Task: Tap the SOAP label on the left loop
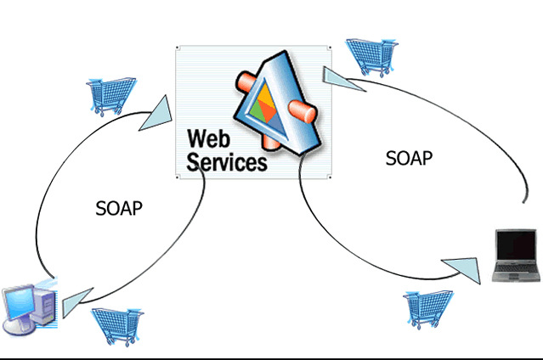pyautogui.click(x=118, y=209)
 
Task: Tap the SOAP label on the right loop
pyautogui.click(x=409, y=157)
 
